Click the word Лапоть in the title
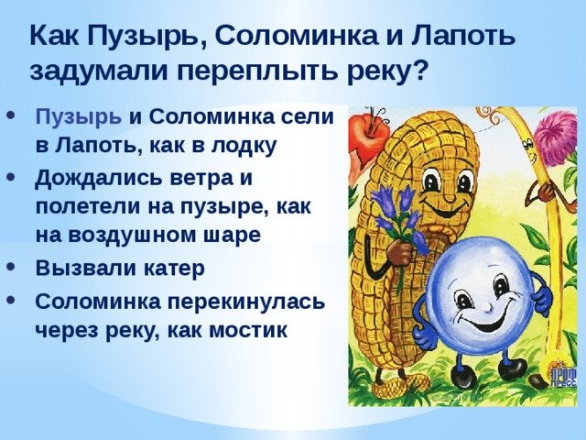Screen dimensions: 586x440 (x=463, y=36)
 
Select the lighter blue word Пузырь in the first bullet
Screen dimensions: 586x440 (x=79, y=118)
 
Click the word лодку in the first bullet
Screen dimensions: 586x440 (x=244, y=145)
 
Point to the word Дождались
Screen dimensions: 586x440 (x=98, y=179)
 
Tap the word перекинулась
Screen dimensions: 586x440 (x=246, y=302)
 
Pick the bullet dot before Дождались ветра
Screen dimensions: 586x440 (x=12, y=176)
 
